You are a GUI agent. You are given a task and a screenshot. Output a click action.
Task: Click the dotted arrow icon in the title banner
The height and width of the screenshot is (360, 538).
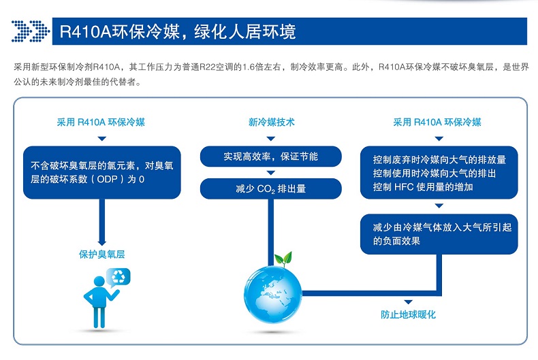31,31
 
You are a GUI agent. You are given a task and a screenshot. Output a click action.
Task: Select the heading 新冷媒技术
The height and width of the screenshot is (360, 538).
271,122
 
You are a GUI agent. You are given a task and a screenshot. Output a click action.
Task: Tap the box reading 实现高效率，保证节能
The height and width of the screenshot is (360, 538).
271,157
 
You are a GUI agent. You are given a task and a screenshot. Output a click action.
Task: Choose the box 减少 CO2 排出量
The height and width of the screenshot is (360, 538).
271,189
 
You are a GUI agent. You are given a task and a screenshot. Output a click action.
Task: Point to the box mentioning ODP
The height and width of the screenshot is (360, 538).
102,171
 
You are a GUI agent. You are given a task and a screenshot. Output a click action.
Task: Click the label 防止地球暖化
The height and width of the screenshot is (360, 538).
408,314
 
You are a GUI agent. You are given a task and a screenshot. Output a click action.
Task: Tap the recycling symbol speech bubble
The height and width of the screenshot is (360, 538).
119,276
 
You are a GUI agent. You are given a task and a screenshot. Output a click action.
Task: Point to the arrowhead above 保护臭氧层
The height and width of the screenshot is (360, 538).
102,242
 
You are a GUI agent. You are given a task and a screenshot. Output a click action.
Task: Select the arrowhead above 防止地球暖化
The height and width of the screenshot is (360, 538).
408,301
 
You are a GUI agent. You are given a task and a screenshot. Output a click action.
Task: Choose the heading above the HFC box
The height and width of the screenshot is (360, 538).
437,122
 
